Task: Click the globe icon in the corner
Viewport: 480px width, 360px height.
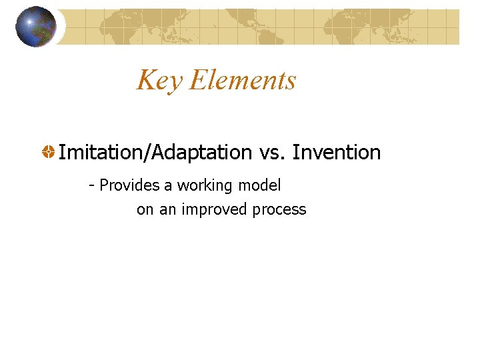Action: pyautogui.click(x=36, y=27)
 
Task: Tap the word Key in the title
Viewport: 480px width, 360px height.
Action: pyautogui.click(x=160, y=81)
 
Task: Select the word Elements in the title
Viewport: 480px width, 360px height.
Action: pyautogui.click(x=243, y=80)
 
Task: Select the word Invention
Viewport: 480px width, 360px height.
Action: pyautogui.click(x=337, y=153)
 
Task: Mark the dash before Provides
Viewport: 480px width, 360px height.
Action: pyautogui.click(x=92, y=185)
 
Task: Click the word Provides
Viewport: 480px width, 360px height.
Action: pyautogui.click(x=125, y=185)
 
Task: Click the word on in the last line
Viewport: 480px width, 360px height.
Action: pyautogui.click(x=145, y=210)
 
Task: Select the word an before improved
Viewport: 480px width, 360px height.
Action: pyautogui.click(x=168, y=210)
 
